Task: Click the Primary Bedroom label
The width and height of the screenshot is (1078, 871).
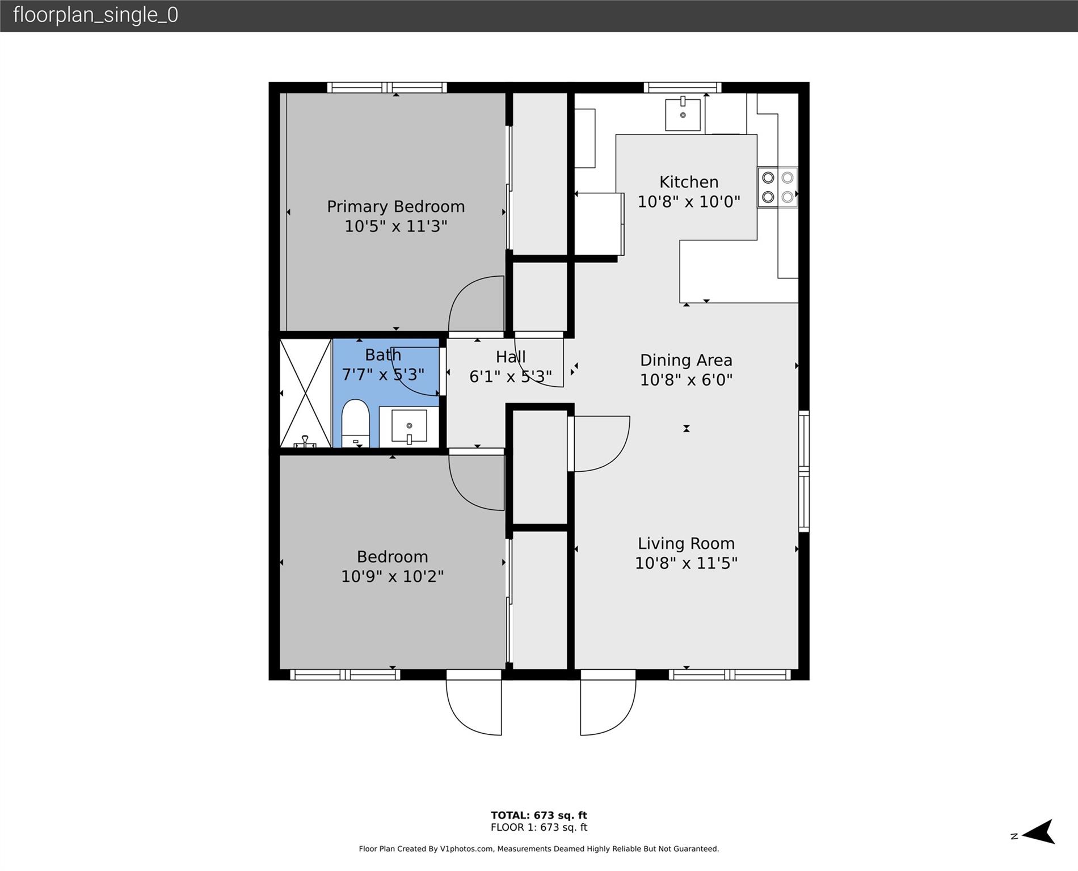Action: (x=395, y=206)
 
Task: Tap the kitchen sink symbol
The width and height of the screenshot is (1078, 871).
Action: (x=683, y=115)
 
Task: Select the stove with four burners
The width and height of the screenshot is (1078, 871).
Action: (x=777, y=187)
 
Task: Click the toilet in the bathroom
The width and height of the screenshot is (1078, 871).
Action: (x=355, y=424)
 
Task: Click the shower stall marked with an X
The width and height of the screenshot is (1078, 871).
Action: (x=305, y=392)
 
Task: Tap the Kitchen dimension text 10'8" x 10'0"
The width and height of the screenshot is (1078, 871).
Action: (x=689, y=202)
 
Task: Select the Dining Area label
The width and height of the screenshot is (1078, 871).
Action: (x=686, y=360)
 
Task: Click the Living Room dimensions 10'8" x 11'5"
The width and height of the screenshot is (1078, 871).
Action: (x=686, y=563)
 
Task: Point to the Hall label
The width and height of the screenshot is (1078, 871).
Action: (x=511, y=357)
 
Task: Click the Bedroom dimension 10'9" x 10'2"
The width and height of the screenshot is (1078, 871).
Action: (x=392, y=576)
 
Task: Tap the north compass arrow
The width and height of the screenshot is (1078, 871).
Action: (x=1038, y=832)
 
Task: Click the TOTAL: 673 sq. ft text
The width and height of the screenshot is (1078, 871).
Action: (x=538, y=815)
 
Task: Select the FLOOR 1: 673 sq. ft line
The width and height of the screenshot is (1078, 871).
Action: (x=538, y=827)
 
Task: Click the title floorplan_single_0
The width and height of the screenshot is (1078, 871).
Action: (x=95, y=15)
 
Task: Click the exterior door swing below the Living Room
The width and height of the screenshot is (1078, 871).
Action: (x=607, y=709)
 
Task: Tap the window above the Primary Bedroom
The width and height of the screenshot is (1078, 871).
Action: (x=387, y=87)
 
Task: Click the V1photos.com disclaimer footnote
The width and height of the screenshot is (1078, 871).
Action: (x=538, y=849)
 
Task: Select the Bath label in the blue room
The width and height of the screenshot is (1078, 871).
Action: (x=383, y=355)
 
